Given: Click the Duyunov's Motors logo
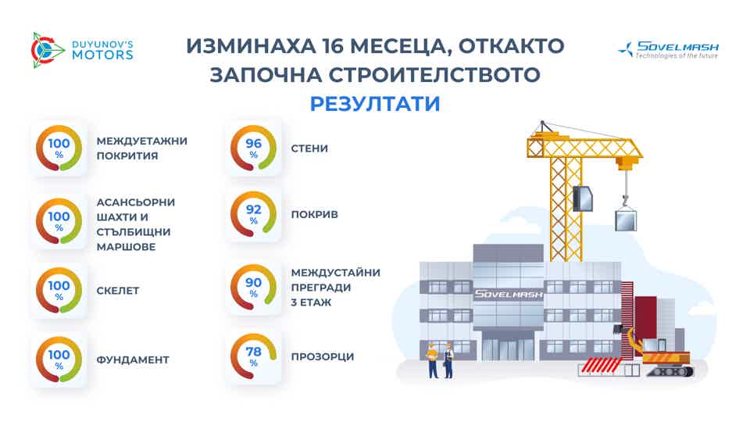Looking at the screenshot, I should [81, 48].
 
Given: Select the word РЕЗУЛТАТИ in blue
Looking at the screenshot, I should [374, 104].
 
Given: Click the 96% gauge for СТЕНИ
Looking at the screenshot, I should [253, 148].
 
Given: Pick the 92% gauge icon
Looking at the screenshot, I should [253, 214].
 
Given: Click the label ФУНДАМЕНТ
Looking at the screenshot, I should [134, 359].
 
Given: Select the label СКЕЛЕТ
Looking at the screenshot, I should [118, 290].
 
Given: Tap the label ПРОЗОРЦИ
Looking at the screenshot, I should [322, 356].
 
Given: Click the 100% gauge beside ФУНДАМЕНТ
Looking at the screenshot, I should [59, 359].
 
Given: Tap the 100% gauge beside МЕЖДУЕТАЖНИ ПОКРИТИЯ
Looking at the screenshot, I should [59, 148].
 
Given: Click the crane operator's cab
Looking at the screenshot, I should [584, 199].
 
